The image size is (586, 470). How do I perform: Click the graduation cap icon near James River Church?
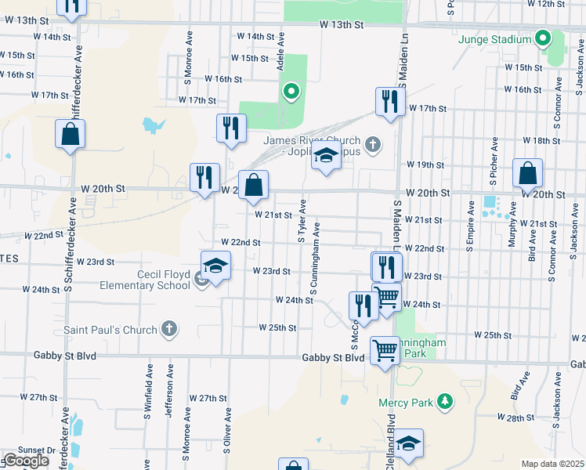point(326,157)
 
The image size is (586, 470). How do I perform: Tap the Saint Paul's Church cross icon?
point(168,330)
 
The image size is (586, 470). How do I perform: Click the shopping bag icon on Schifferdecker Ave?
point(70,135)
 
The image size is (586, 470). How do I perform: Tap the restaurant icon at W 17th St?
point(389,102)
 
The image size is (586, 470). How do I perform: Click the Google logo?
point(26,461)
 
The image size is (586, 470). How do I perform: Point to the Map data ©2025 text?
point(552,464)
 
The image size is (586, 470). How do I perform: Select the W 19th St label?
point(425,165)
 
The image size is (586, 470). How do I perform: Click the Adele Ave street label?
point(280,53)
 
